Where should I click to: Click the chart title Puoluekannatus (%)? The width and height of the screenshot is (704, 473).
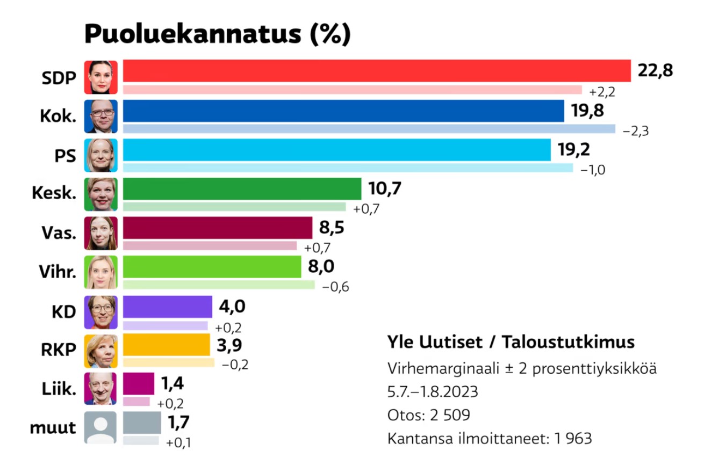click(218, 34)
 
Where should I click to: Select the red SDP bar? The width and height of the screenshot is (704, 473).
click(376, 71)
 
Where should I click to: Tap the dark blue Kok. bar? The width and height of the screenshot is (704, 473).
click(343, 111)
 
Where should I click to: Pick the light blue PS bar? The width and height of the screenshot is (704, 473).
click(337, 150)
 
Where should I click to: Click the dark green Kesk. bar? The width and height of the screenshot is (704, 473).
click(242, 189)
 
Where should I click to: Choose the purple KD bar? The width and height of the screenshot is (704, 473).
click(168, 307)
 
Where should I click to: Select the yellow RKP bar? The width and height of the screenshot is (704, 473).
click(167, 345)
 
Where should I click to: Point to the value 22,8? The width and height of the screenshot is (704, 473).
click(655, 70)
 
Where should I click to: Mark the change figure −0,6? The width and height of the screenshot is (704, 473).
click(335, 287)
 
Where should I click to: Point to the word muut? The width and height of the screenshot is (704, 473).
click(53, 428)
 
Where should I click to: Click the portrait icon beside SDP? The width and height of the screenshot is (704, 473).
click(100, 77)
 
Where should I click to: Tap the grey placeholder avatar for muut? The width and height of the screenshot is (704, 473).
click(100, 428)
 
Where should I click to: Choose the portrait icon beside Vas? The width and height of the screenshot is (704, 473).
click(100, 233)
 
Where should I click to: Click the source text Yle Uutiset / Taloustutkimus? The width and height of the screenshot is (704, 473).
click(511, 342)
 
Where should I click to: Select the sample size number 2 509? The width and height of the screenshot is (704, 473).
click(448, 415)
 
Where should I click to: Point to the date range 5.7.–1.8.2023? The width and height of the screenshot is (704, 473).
click(433, 392)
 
